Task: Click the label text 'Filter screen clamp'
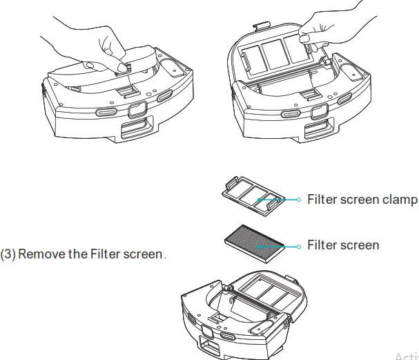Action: (x=362, y=200)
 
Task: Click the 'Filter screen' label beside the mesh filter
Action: (x=342, y=245)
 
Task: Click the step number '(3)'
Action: (x=8, y=254)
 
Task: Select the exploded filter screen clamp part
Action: (x=253, y=196)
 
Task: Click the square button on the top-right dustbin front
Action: (x=319, y=113)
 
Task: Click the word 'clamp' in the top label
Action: (x=400, y=200)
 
